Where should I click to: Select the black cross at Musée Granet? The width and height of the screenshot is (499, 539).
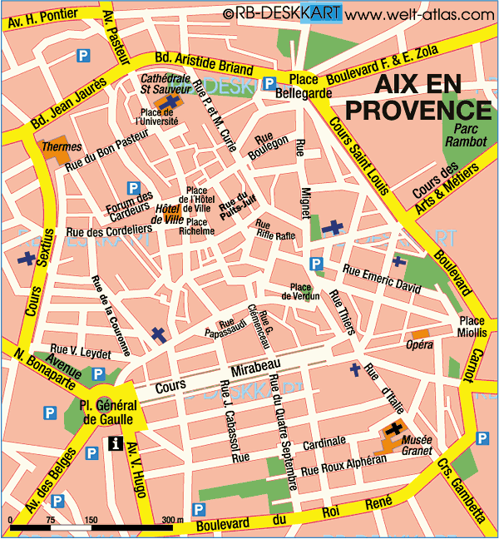click(x=392, y=430)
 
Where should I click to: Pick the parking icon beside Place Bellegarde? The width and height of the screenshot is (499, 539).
click(x=269, y=82)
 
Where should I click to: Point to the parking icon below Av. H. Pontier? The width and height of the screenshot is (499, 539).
click(x=82, y=56)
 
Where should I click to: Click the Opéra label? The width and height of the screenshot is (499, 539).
click(x=418, y=344)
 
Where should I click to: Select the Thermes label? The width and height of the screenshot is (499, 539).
click(x=62, y=146)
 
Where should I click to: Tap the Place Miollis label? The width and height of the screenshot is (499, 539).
click(x=467, y=327)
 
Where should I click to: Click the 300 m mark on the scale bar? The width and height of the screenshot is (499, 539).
click(x=172, y=520)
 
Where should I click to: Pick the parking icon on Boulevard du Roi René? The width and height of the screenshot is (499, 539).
click(x=198, y=509)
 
